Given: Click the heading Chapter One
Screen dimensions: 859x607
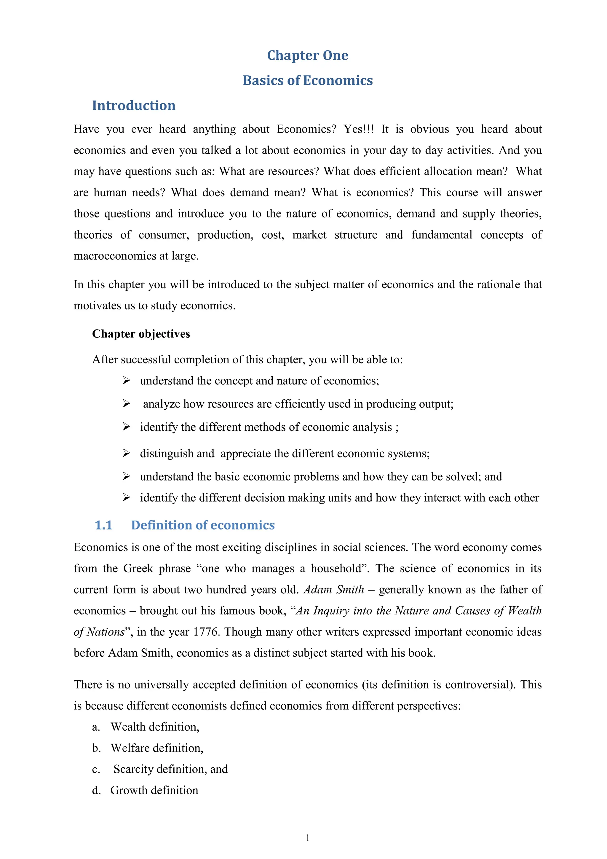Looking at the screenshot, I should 307,55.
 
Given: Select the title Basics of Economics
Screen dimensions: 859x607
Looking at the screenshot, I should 307,80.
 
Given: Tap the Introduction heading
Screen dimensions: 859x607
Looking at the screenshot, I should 133,106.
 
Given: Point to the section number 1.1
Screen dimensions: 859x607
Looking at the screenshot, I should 103,525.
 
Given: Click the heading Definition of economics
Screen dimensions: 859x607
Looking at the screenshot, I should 203,525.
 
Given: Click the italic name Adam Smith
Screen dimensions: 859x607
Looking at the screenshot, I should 333,590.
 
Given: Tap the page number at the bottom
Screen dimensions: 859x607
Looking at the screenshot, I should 307,838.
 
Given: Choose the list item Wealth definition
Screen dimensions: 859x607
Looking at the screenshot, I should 155,727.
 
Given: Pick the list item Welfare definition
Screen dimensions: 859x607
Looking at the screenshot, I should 156,748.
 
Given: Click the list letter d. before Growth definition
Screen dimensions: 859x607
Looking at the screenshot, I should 96,790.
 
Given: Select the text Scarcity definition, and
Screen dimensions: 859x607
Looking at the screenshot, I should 170,769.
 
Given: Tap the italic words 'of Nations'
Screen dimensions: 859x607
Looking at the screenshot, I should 99,632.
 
